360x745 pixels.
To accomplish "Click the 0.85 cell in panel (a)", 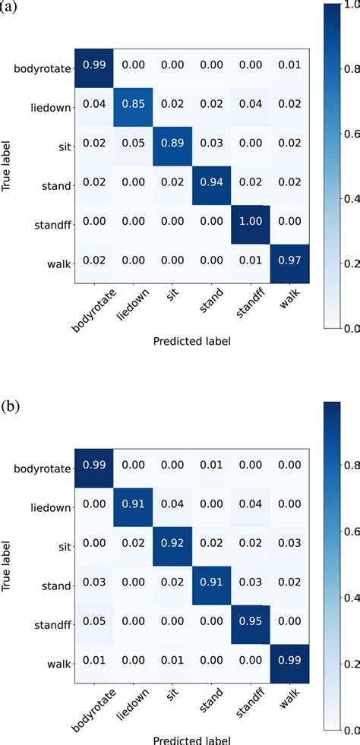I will (133, 106).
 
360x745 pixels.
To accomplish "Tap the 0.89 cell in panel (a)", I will (172, 146).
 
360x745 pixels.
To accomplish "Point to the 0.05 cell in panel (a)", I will (133, 146).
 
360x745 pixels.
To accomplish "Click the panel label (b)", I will (10, 406).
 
